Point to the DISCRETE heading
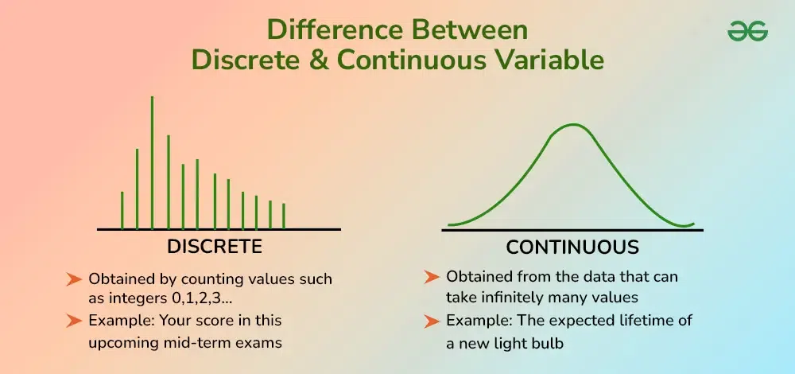tap(215, 247)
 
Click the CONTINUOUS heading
tap(572, 247)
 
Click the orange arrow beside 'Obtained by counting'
tap(74, 279)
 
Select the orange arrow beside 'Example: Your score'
tap(74, 320)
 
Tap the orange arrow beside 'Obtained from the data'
tap(432, 277)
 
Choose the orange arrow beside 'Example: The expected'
tap(432, 321)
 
